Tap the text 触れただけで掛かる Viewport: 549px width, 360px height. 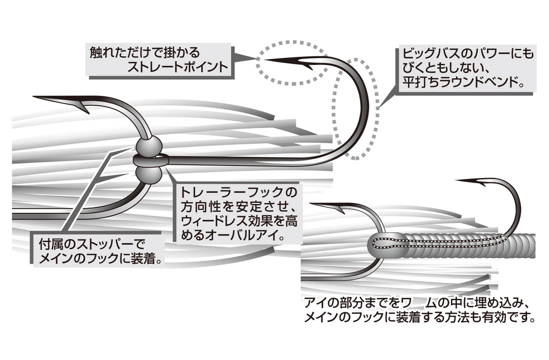145,52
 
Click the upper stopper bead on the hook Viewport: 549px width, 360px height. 148,147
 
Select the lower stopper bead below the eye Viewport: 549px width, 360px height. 149,176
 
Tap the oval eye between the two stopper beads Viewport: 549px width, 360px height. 148,161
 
